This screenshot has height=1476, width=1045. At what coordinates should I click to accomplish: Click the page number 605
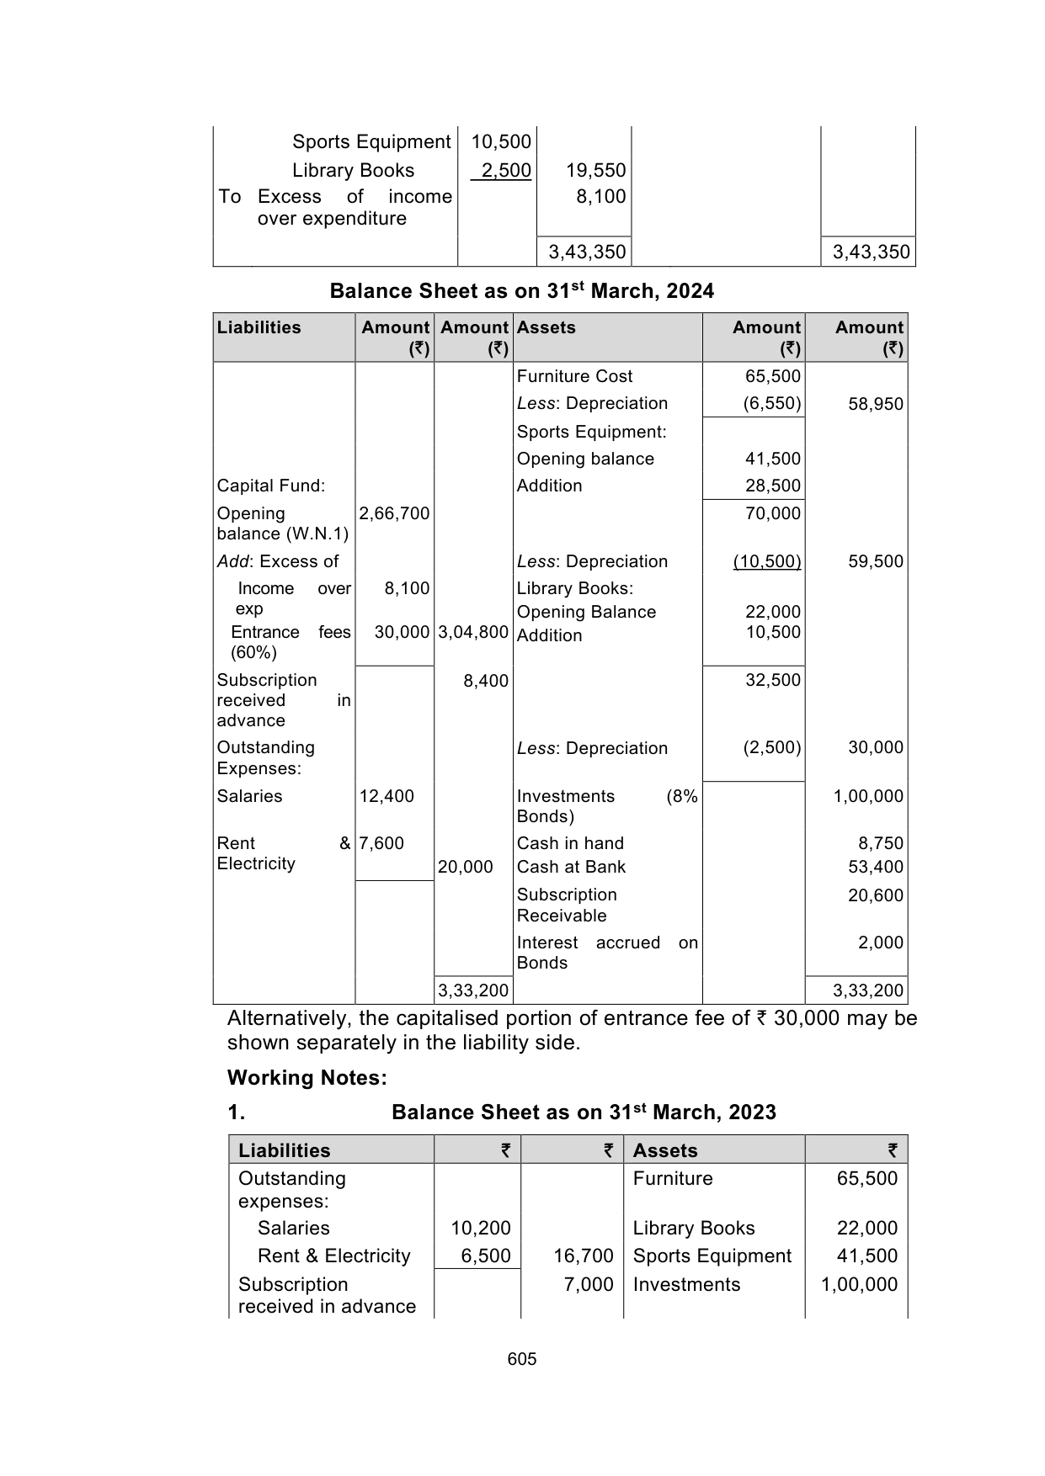click(x=522, y=1359)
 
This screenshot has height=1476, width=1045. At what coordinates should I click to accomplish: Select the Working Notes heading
click(x=307, y=1078)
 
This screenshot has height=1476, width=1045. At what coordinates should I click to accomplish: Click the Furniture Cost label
click(x=574, y=376)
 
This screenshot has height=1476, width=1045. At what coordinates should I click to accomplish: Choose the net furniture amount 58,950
click(x=876, y=404)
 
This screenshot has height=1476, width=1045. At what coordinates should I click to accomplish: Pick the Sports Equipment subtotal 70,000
click(x=773, y=513)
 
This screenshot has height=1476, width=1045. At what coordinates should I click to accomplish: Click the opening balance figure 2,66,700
click(x=394, y=513)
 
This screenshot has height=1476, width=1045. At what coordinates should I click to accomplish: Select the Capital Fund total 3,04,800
click(x=473, y=632)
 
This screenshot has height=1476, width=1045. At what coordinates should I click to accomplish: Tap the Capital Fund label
click(x=271, y=486)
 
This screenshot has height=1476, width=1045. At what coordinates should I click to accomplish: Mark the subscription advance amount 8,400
click(x=486, y=681)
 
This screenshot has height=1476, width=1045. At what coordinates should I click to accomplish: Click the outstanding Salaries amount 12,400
click(x=387, y=796)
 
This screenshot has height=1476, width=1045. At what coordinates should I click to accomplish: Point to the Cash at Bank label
click(x=571, y=867)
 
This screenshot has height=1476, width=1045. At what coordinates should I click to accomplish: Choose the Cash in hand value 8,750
click(x=880, y=843)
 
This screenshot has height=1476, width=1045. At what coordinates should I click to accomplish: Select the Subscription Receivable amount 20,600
click(x=876, y=895)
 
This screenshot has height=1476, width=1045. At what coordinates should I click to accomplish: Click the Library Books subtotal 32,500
click(x=773, y=680)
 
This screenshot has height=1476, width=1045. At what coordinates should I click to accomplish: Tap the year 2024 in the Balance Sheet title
click(x=690, y=291)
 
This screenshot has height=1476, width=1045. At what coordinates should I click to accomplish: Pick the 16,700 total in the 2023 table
click(x=583, y=1256)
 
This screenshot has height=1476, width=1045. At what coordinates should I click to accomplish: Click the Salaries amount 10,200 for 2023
click(x=481, y=1228)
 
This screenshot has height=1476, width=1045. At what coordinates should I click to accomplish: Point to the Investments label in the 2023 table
click(x=686, y=1284)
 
